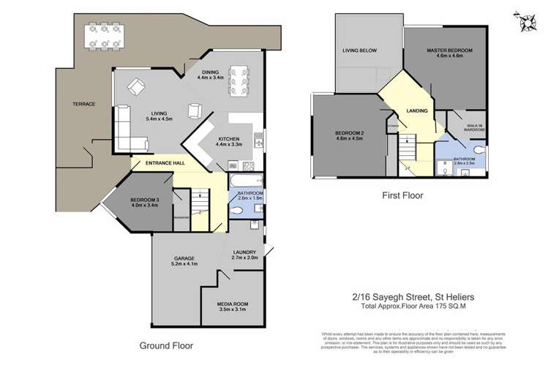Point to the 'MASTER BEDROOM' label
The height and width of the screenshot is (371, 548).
[450, 50]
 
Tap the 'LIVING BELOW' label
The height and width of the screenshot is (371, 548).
[360, 51]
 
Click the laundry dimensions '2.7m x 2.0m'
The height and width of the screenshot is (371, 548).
[245, 258]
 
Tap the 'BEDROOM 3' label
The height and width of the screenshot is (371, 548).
[145, 201]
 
